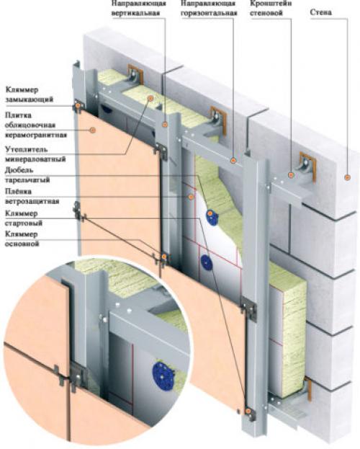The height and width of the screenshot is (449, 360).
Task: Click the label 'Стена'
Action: tap(320, 12)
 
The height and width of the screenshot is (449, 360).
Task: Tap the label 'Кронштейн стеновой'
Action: tap(271, 8)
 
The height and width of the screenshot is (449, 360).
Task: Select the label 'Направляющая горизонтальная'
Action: tap(209, 8)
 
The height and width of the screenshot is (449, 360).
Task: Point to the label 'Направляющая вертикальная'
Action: tap(139, 8)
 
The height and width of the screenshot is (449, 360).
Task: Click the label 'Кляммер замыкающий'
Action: tap(30, 94)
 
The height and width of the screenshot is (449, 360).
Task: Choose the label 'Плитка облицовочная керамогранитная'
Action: tap(36, 125)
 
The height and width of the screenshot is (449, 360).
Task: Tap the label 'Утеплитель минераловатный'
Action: tap(35, 154)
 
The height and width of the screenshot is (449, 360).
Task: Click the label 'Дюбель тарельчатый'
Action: tap(27, 175)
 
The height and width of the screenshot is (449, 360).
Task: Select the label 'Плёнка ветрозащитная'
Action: tap(32, 197)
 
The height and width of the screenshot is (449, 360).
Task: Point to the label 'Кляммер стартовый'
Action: tap(24, 218)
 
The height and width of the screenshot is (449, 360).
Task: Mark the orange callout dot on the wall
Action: tap(348, 177)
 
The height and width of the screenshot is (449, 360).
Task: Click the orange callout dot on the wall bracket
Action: tap(291, 174)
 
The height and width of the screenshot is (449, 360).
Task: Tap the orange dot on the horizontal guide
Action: tap(233, 160)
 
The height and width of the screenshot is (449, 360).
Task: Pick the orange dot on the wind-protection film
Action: tap(191, 197)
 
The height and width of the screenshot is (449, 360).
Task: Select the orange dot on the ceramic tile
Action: tap(92, 130)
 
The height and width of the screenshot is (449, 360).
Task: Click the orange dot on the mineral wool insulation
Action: tap(150, 98)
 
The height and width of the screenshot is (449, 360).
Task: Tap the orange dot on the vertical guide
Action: tap(165, 124)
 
